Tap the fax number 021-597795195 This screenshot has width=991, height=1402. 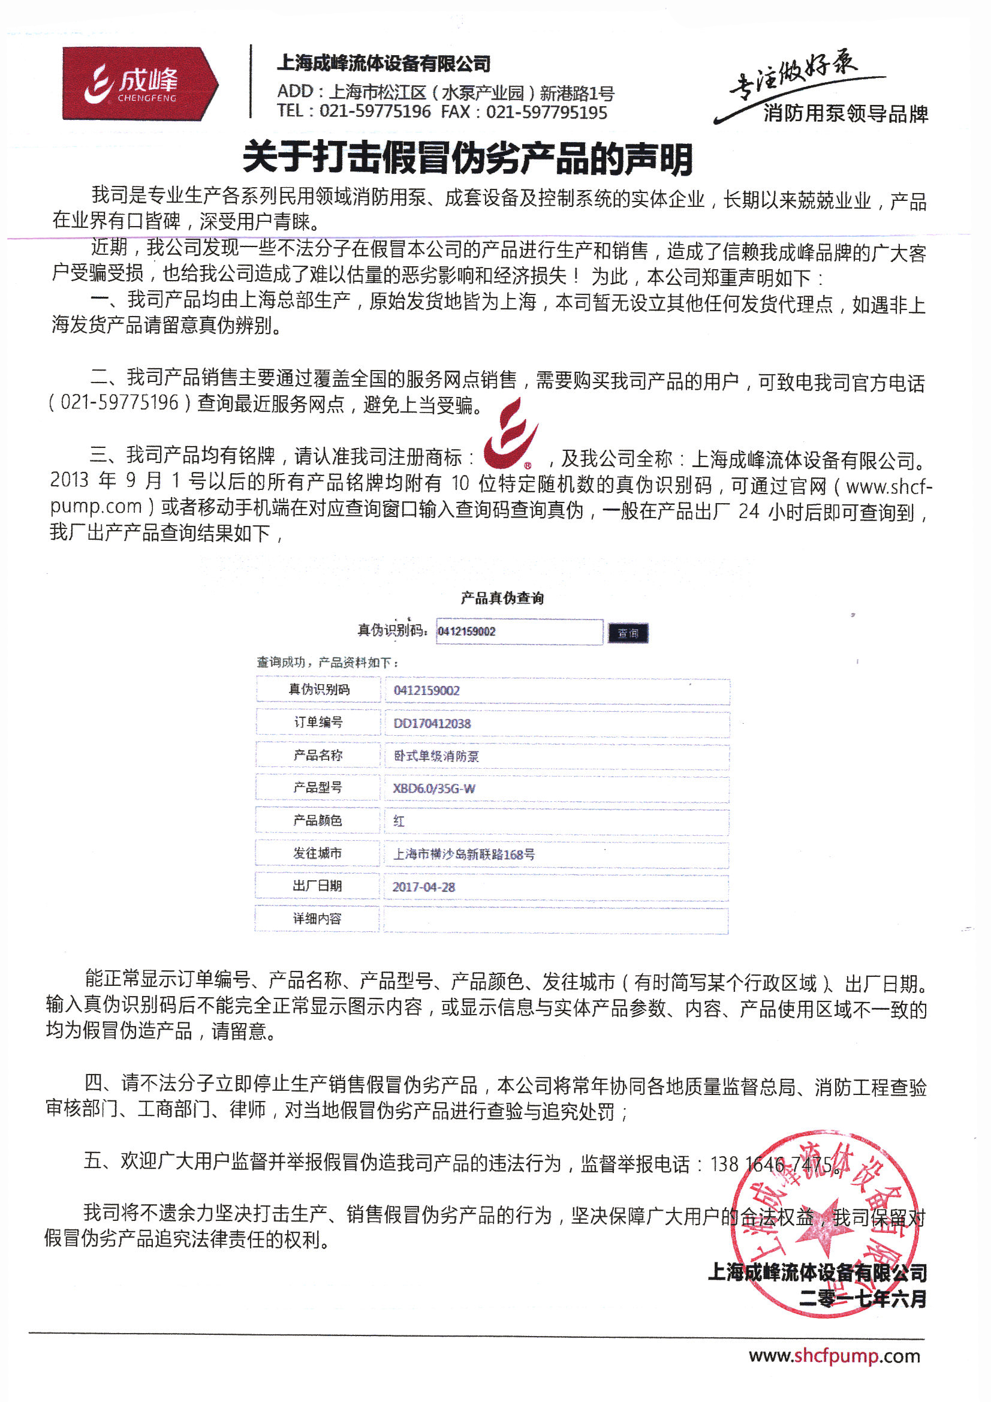point(547,112)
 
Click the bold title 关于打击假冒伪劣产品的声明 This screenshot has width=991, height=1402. point(468,158)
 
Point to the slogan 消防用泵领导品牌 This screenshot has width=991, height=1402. point(845,113)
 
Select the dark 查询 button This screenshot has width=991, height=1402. point(628,633)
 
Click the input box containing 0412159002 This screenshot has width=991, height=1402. point(519,631)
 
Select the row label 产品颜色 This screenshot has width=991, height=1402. point(318,820)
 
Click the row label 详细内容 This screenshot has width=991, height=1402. point(318,919)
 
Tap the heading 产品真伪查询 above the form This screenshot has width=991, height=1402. point(502,598)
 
